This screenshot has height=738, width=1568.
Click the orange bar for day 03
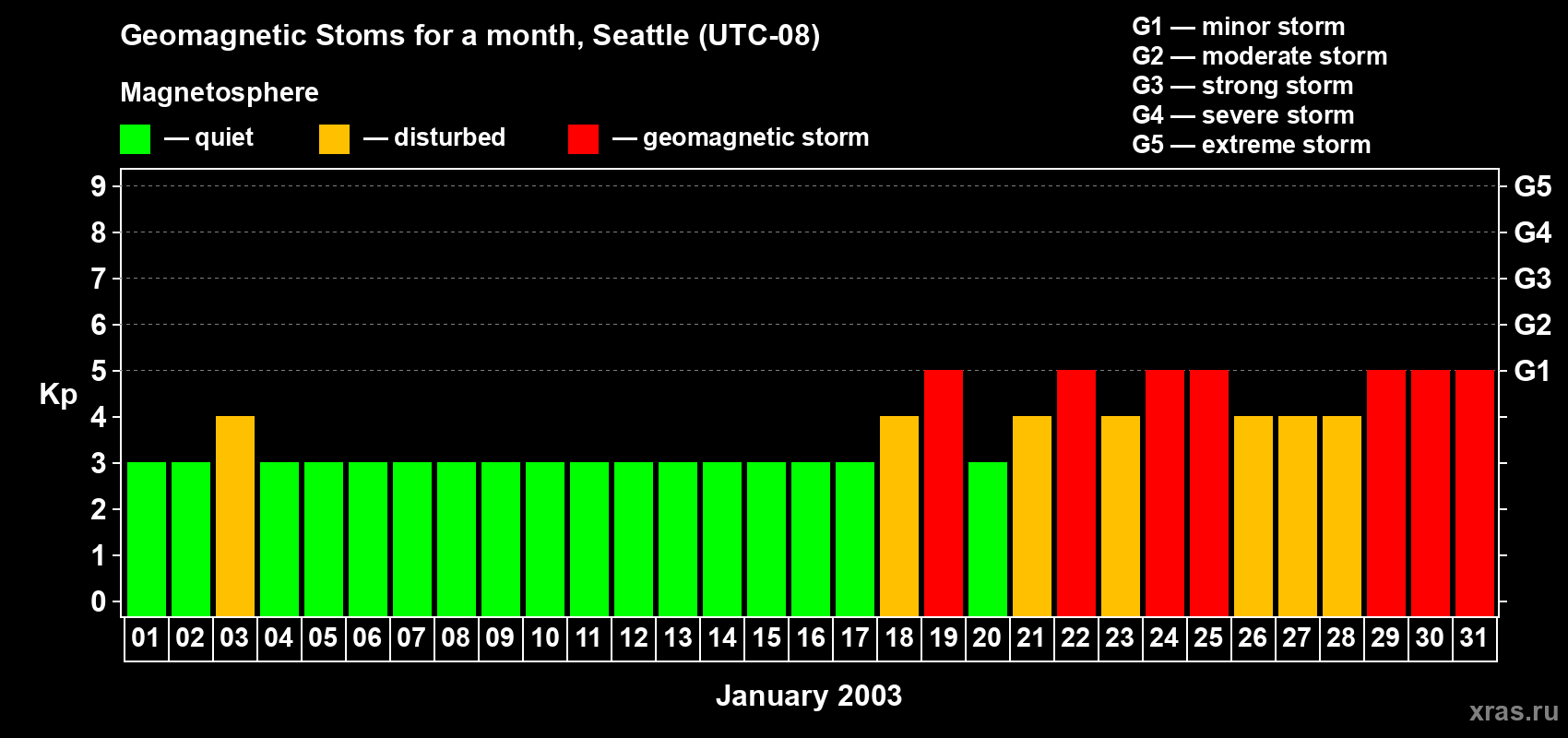(235, 516)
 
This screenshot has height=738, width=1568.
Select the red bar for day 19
(944, 493)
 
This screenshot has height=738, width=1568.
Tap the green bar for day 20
(988, 539)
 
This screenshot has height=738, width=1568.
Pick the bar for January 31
(1475, 493)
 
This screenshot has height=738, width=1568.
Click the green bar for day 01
(147, 539)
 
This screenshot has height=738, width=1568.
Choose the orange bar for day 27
(1298, 516)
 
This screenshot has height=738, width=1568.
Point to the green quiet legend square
(136, 139)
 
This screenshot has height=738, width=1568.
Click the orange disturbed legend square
(334, 139)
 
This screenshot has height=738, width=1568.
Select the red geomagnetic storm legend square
(583, 139)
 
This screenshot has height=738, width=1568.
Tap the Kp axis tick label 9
(99, 186)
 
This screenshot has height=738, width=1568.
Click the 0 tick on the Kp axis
(99, 602)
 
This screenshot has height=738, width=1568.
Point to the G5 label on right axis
(1532, 186)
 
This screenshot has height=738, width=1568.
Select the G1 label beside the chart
(1532, 371)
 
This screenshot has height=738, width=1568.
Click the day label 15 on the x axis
(766, 638)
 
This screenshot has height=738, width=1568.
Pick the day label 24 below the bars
(1164, 638)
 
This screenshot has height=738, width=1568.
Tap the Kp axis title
(58, 395)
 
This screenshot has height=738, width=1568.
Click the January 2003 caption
(809, 696)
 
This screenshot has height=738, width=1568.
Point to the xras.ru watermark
(1514, 711)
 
